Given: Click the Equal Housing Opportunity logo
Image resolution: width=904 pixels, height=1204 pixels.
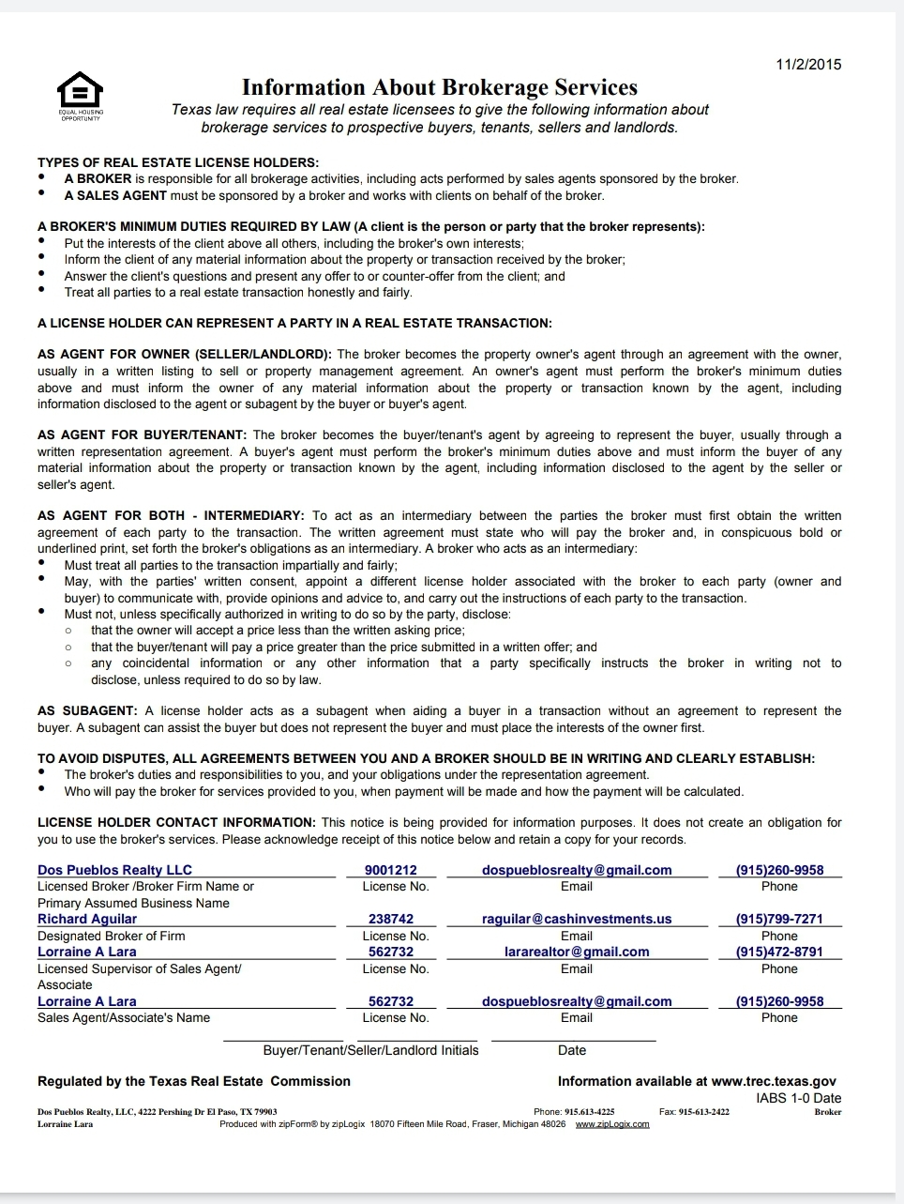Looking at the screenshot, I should [81, 95].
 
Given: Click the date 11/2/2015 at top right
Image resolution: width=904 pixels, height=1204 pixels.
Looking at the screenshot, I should [808, 65].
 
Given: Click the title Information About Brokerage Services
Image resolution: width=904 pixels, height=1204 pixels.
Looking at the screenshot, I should [439, 87].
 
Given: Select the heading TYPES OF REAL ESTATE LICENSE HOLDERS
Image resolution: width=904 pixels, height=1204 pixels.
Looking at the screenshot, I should [178, 162].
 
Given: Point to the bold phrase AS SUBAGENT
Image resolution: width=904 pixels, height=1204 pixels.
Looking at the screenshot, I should [87, 711].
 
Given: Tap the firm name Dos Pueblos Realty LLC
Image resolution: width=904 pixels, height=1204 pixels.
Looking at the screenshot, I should [114, 870].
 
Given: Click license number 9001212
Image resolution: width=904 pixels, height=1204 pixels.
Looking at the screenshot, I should [391, 870].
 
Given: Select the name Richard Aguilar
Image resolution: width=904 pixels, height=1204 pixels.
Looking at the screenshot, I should [87, 919].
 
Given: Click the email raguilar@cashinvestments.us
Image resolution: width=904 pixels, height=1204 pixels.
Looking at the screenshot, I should [577, 919].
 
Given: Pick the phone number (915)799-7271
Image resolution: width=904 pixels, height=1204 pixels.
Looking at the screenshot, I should [779, 919].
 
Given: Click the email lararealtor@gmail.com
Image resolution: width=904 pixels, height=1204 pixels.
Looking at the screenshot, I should [577, 952].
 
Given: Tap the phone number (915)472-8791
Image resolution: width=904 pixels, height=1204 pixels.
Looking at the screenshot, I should [779, 952].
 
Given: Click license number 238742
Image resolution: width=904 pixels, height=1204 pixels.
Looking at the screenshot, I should [391, 919].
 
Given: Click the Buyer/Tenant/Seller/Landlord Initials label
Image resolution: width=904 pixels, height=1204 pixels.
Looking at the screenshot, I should [370, 1050].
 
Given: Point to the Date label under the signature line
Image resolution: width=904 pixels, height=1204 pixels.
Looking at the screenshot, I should [572, 1050].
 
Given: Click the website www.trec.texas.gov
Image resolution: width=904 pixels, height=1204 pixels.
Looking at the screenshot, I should [774, 1081].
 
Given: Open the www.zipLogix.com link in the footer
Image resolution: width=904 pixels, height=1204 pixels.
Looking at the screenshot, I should [611, 1124].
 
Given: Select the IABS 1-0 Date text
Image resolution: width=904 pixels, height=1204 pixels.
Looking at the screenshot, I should [799, 1098].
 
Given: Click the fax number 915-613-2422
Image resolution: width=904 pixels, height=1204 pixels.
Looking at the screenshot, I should [703, 1112].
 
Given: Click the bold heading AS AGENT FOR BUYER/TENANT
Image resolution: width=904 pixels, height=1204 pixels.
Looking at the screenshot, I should [142, 435].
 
